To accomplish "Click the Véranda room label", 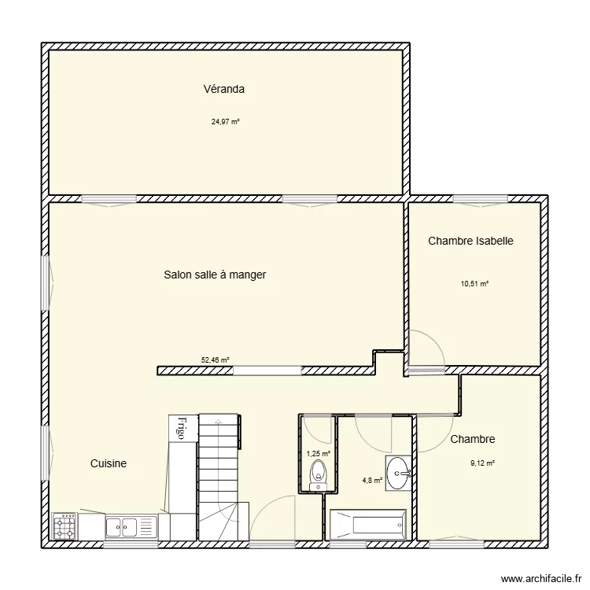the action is (x=224, y=89).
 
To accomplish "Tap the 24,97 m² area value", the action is (x=226, y=122).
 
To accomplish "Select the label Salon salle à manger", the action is (x=215, y=275).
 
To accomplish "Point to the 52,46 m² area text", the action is (x=216, y=360).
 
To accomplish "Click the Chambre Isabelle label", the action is (x=470, y=241).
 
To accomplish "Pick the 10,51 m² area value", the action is (x=474, y=284).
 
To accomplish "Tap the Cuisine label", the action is (x=109, y=463).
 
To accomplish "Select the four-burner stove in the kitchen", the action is (x=65, y=526).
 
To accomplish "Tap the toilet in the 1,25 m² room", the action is (x=319, y=475).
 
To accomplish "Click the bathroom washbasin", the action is (x=398, y=473).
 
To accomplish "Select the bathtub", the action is (x=368, y=525).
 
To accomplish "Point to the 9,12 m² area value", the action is (x=482, y=463).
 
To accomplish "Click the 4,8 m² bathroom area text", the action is (x=372, y=481).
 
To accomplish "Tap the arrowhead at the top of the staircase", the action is (x=217, y=421).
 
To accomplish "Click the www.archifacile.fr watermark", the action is (x=541, y=578).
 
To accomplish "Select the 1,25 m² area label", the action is (x=319, y=454).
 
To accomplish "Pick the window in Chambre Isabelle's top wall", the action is (x=481, y=200).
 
